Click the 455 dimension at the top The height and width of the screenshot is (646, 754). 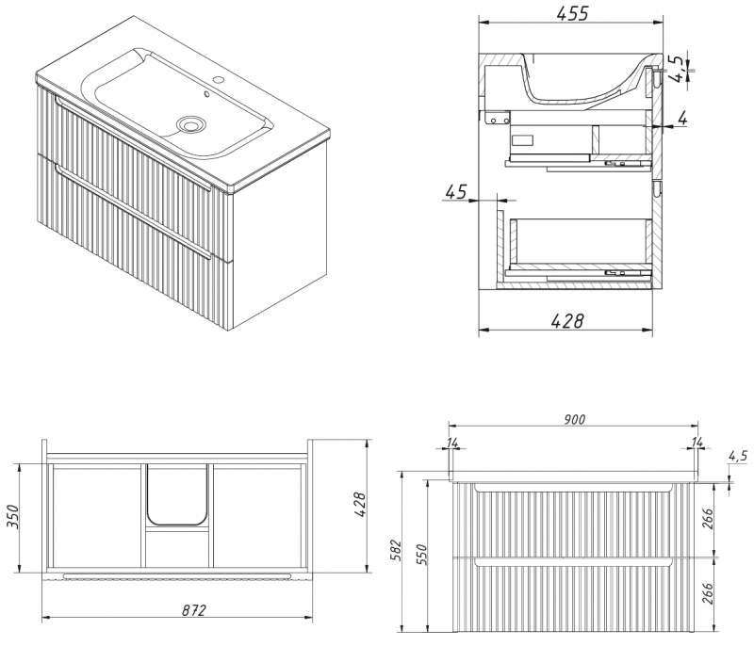tap(572, 13)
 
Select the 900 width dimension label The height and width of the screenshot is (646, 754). tap(574, 419)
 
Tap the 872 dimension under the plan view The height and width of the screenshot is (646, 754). tap(194, 610)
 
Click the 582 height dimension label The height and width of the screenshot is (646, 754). tap(396, 550)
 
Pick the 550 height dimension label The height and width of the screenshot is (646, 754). tap(421, 555)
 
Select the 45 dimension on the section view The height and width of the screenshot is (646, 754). tap(456, 192)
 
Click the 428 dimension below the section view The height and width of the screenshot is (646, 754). tap(567, 321)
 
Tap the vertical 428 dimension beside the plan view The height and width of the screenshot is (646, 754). tap(360, 505)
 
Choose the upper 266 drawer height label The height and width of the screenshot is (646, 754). tap(708, 518)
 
